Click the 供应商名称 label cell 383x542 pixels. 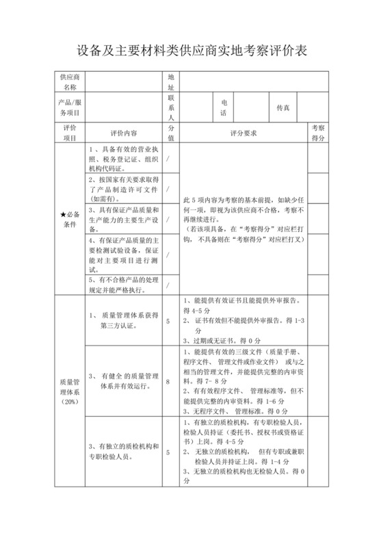(70, 82)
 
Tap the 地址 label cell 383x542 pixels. (171, 82)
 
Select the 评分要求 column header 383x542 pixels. (243, 133)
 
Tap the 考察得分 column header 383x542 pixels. (317, 133)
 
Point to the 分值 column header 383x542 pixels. (171, 133)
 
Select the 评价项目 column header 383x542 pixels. (70, 133)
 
